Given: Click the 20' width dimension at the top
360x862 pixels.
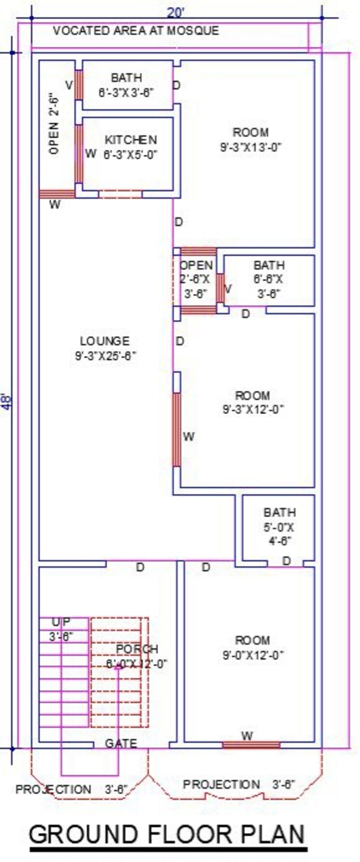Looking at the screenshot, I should click(176, 11).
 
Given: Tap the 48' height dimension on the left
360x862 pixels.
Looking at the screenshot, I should click(6, 402).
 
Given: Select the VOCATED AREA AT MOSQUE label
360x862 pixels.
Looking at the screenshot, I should click(136, 31).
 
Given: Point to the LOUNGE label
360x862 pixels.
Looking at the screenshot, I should click(105, 349).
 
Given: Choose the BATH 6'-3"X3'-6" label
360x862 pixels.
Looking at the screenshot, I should click(127, 85).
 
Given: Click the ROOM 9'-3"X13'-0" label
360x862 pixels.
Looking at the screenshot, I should click(251, 140).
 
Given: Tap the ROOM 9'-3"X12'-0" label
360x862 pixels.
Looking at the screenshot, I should click(253, 402).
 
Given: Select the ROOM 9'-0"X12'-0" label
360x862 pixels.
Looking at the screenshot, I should click(253, 648).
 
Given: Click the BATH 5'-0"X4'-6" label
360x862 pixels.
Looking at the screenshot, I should click(280, 526).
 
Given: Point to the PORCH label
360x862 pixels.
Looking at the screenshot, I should click(137, 656).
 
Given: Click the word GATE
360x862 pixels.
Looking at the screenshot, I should click(121, 743).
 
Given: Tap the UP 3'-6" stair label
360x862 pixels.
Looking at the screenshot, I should click(61, 629).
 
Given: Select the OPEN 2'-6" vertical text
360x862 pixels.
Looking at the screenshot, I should click(54, 123).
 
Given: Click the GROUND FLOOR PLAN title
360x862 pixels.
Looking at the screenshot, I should click(168, 834).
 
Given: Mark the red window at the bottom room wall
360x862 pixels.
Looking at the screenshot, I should click(251, 745).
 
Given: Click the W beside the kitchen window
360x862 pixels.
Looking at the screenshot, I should click(90, 154).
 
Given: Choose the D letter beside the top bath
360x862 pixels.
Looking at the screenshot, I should click(176, 86).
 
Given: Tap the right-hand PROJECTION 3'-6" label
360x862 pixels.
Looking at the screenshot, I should click(239, 784).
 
